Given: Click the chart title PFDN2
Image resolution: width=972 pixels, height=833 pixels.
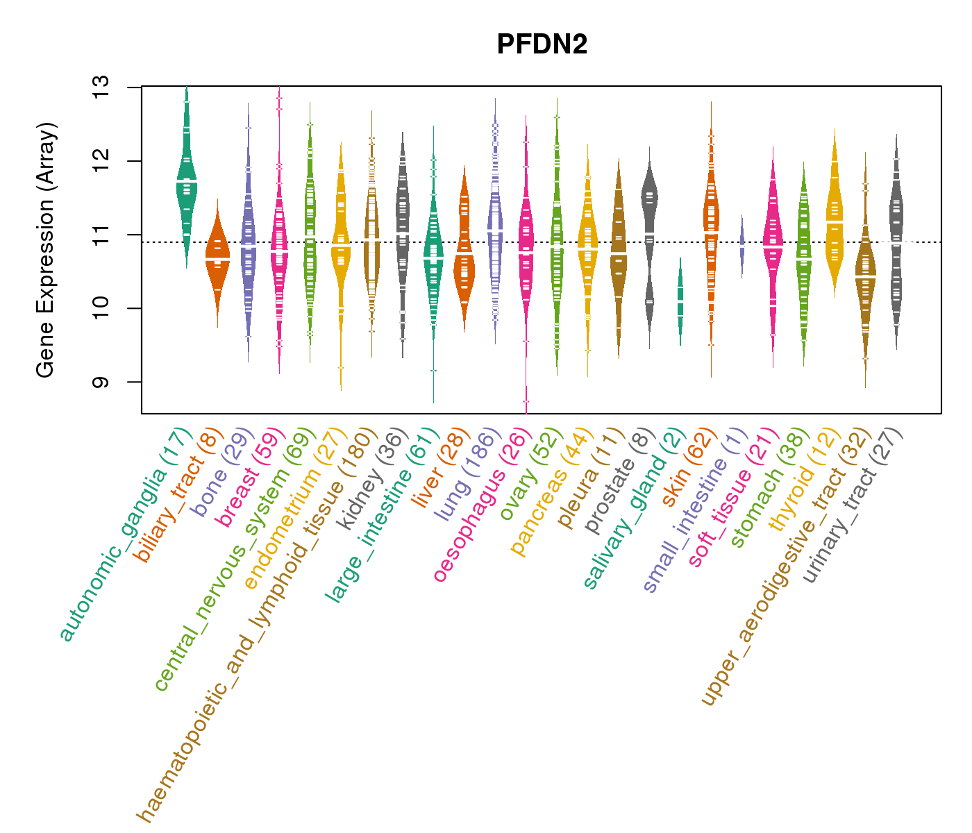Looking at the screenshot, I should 542,44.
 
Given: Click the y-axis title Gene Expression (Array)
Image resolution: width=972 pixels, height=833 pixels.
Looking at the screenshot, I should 46,251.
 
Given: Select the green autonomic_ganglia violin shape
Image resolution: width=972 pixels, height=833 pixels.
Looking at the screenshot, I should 186,180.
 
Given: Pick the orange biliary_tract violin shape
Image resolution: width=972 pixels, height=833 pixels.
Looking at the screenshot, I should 217,260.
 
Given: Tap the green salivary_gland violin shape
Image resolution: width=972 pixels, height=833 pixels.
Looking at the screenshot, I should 680,302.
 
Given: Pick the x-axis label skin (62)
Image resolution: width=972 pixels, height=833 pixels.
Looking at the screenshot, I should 685,469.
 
